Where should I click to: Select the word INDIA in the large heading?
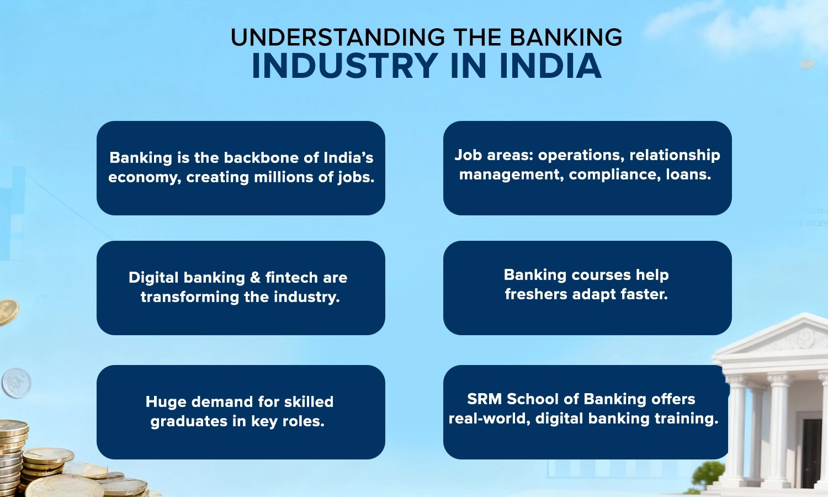point(550,66)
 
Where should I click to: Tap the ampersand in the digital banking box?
point(255,278)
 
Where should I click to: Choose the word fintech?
point(291,278)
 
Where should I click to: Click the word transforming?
point(190,297)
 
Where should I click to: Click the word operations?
point(581,155)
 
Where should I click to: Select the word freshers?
point(536,294)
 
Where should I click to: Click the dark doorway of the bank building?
point(811,452)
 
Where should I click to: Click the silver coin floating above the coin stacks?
point(17,383)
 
